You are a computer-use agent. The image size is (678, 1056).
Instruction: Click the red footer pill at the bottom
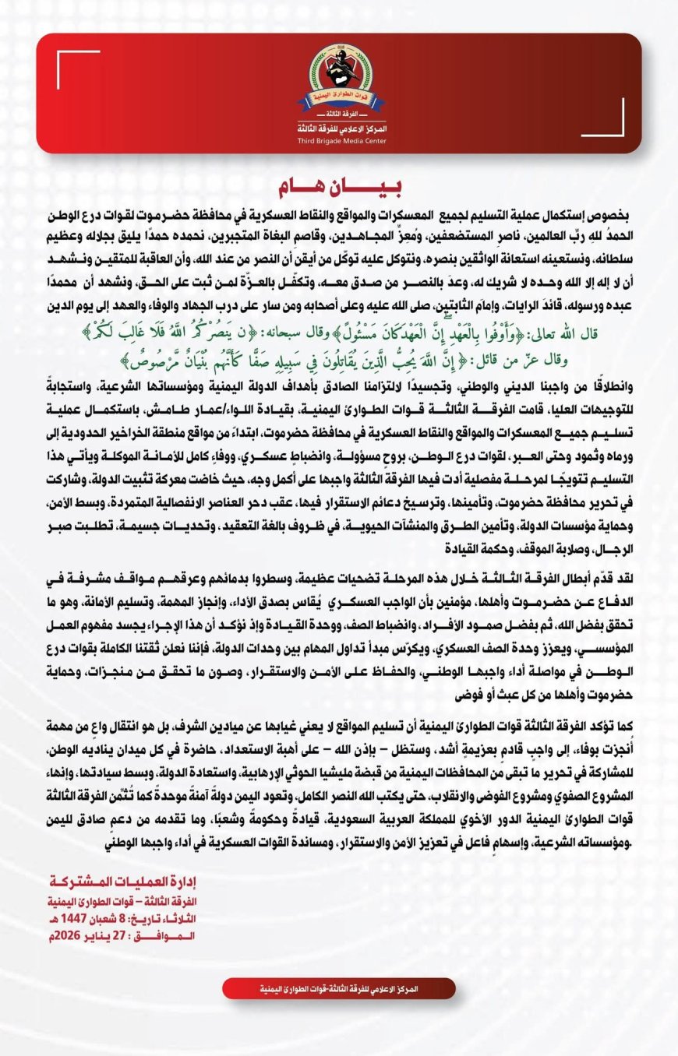pyautogui.click(x=338, y=989)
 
